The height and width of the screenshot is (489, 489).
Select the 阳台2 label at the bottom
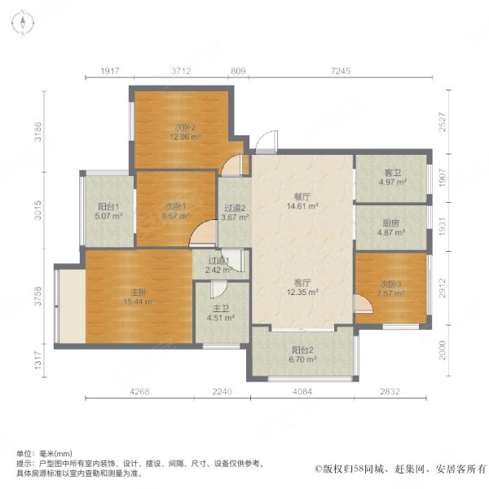pos(302,353)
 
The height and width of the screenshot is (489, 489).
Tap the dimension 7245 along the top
pos(341,73)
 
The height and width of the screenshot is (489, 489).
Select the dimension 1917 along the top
pos(111,73)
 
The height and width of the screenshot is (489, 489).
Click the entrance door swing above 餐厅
pos(265,145)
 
